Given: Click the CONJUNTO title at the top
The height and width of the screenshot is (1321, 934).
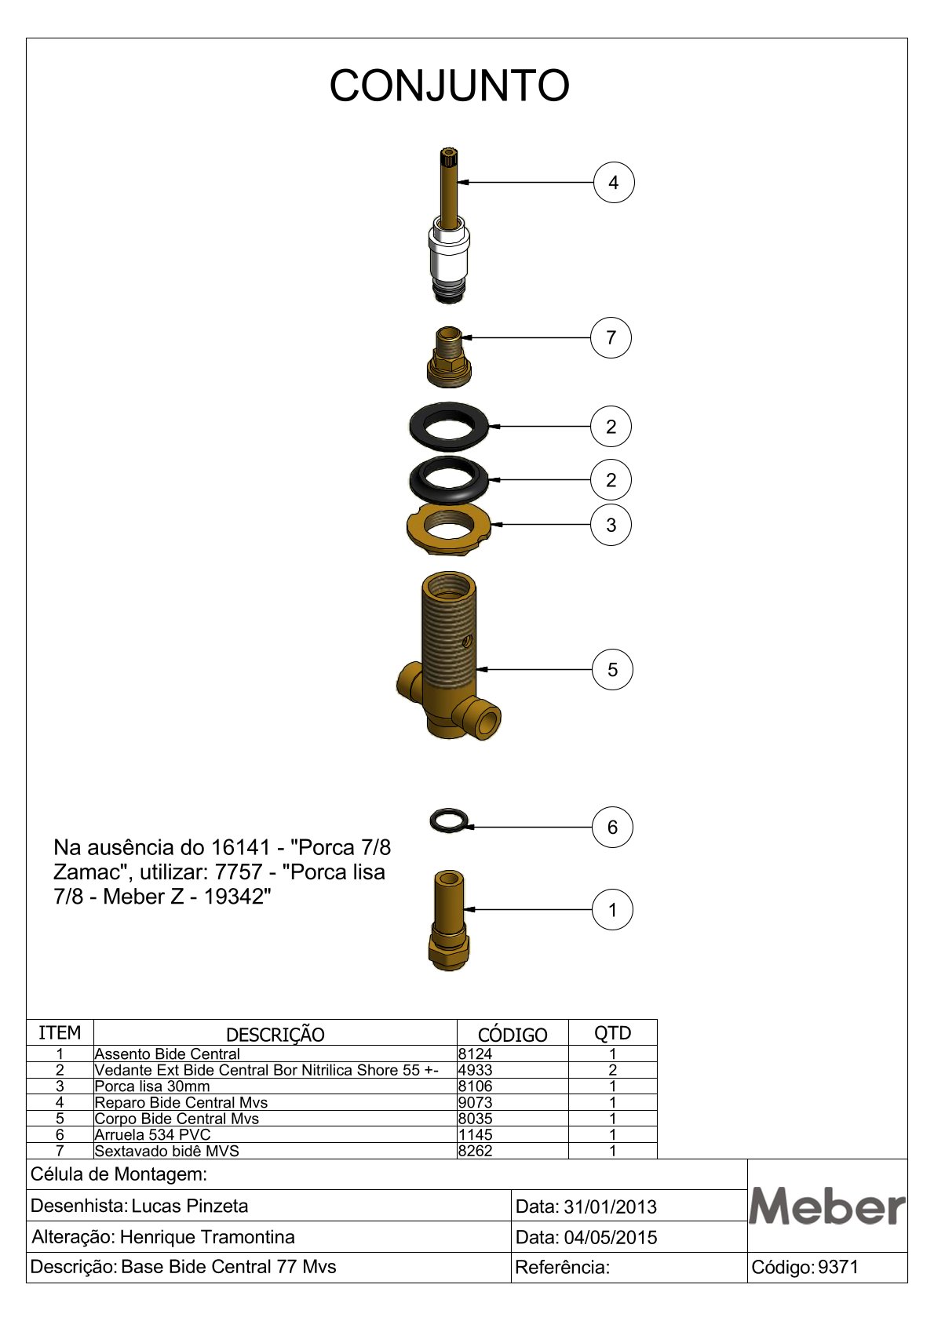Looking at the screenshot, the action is tap(449, 86).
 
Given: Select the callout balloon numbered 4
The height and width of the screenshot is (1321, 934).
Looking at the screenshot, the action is tap(613, 182).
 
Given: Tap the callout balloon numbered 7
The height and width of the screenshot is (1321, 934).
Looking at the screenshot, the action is tap(611, 337).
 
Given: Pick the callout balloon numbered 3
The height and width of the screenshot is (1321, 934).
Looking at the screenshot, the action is tap(611, 524).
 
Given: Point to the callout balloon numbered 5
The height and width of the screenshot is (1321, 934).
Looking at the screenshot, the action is tap(612, 669).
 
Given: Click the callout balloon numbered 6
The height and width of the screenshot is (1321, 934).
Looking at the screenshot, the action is tap(612, 827).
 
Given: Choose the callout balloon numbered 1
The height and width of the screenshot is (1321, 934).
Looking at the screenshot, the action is tap(612, 909).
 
